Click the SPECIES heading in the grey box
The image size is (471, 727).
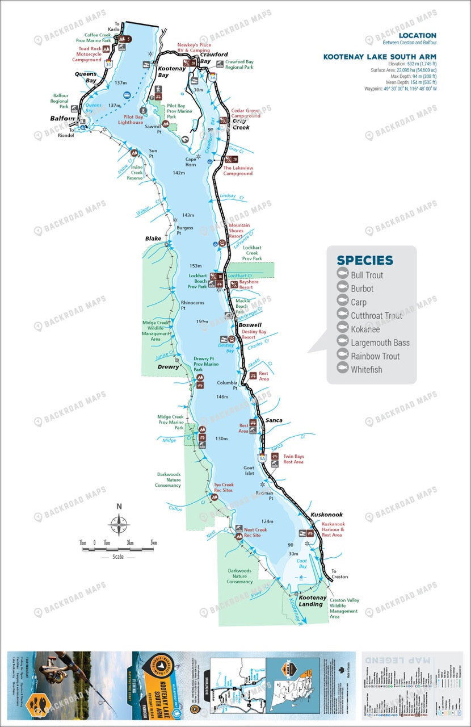[x=364, y=260]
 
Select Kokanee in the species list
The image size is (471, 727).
[x=365, y=329]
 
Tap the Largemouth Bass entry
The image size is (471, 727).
[x=380, y=342]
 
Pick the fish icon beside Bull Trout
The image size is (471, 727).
[x=342, y=275]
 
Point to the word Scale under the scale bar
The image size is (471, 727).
[x=117, y=557]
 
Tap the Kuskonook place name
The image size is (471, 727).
[x=326, y=515]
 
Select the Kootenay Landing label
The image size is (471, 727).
[x=310, y=600]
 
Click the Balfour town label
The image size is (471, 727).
[x=62, y=119]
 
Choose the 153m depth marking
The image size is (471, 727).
[x=196, y=266]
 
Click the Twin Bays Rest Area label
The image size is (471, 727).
[x=293, y=459]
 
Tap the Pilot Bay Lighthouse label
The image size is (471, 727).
[x=131, y=119]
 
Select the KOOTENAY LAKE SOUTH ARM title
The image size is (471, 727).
[x=380, y=57]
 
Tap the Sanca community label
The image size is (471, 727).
[x=274, y=420]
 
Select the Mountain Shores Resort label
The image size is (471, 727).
[x=239, y=230]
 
